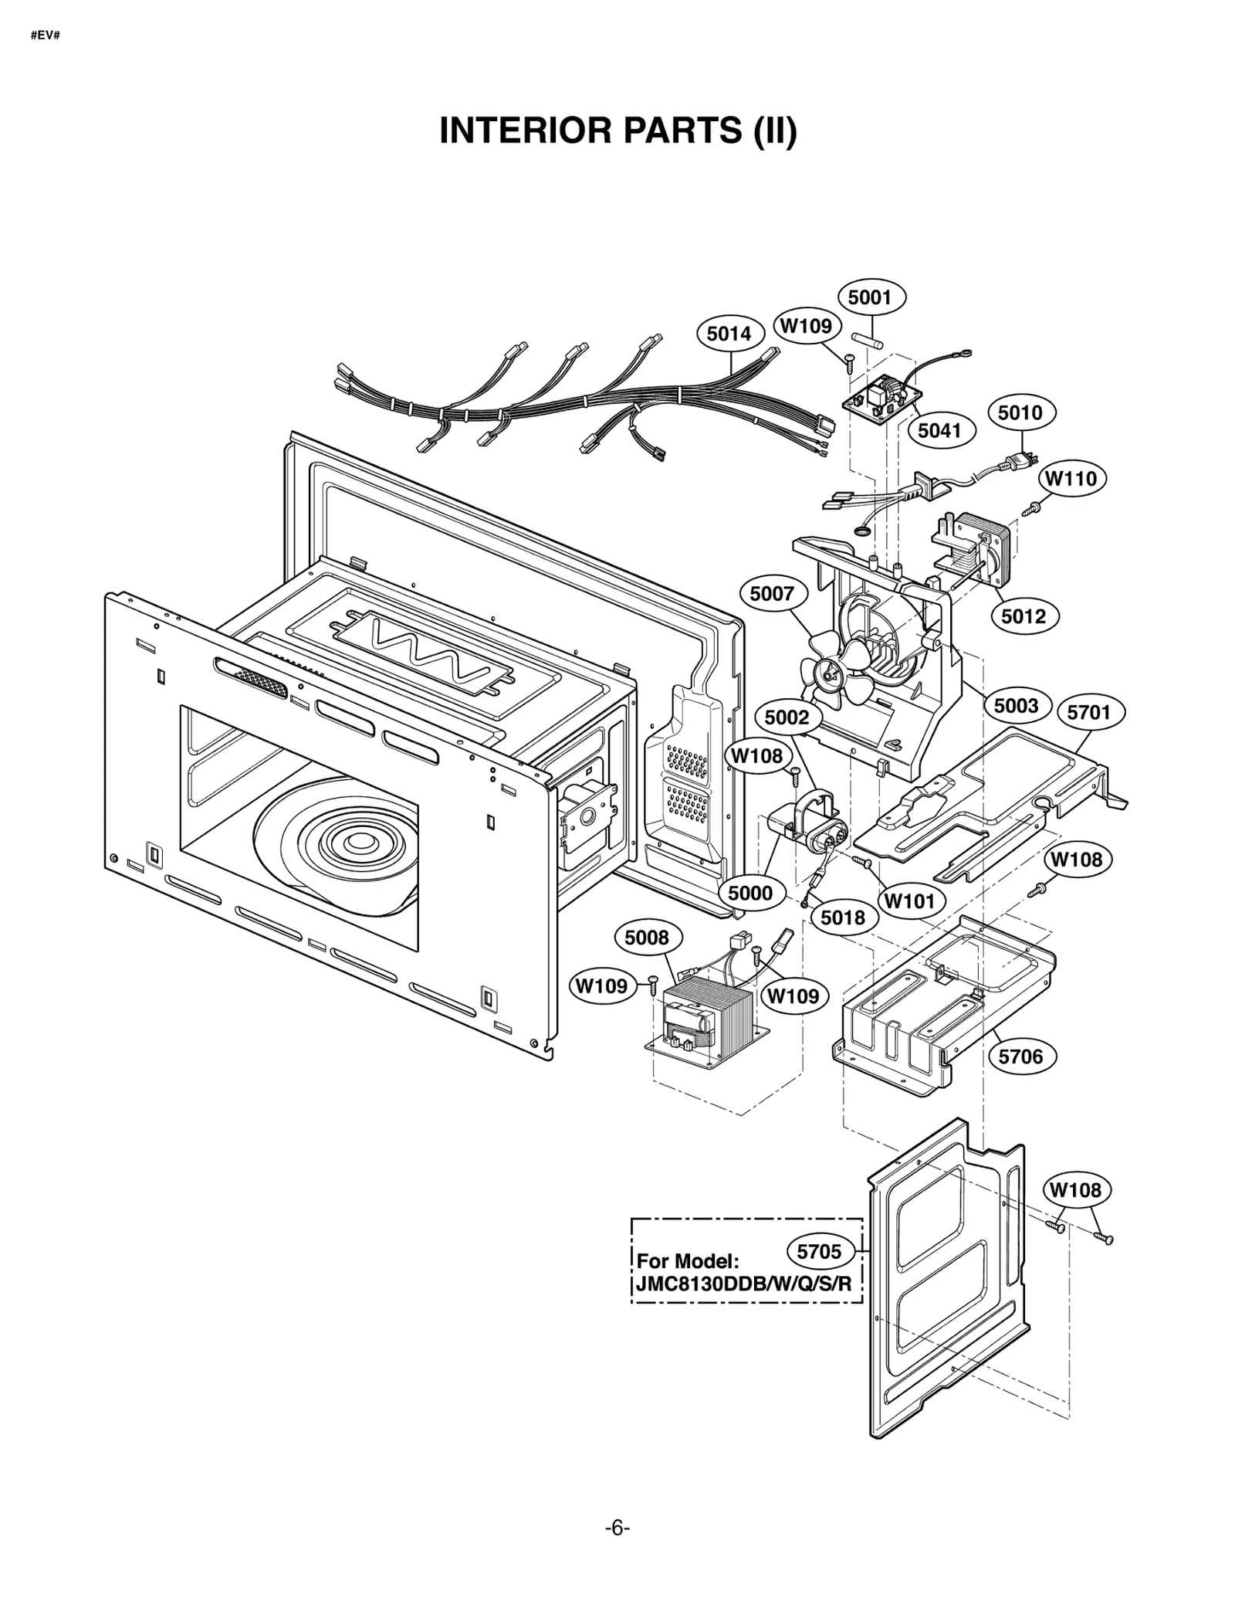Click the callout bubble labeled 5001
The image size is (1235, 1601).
pos(870,298)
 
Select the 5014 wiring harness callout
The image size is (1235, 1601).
pos(729,334)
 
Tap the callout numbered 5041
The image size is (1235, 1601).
pos(939,430)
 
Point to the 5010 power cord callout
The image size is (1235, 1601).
pos(1020,413)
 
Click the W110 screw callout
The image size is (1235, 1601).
pos(1070,479)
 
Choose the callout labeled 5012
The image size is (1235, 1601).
pos(1024,616)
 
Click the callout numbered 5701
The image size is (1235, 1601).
pos(1088,712)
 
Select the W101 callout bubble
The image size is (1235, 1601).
pos(909,901)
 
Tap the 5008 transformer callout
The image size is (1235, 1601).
pos(647,938)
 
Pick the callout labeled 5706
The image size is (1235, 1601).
pos(1020,1057)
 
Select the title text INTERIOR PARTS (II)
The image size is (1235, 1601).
pos(617,131)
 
